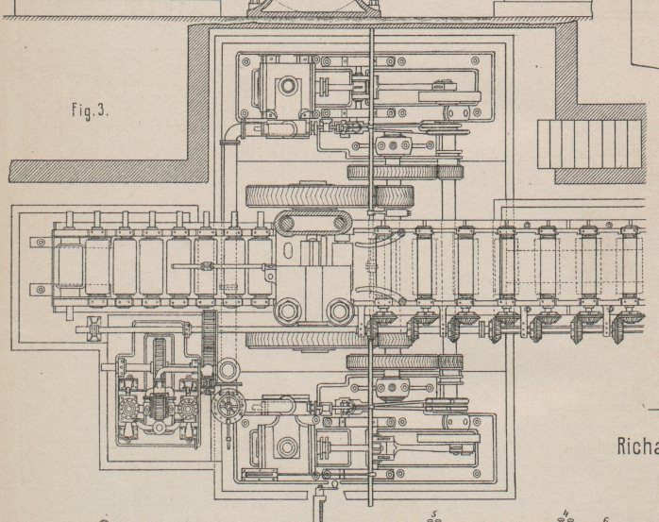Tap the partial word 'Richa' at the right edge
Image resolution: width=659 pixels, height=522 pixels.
pos(637,446)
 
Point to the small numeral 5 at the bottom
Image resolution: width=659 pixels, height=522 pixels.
pos(433,514)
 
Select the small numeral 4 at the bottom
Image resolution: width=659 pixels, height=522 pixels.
pos(565,514)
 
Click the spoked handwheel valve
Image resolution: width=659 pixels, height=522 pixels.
pos(227,408)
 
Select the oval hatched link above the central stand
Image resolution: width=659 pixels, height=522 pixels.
pos(313,225)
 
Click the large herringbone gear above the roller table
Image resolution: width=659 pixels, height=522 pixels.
pos(329,196)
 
